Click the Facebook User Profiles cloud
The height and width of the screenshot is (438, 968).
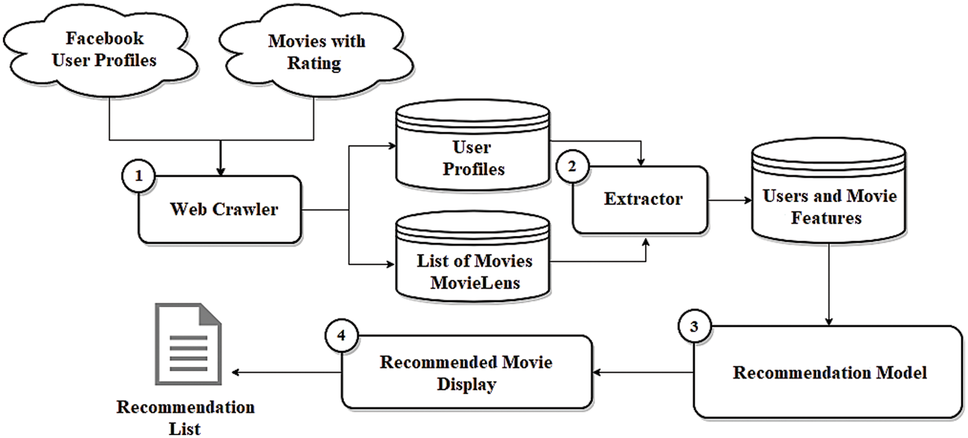pos(103,50)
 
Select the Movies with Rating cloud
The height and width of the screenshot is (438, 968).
pos(316,53)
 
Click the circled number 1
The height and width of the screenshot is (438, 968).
pos(138,176)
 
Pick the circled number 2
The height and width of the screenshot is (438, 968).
pos(572,166)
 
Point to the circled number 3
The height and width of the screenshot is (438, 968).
pos(694,326)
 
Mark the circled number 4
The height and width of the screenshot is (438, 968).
pos(341,336)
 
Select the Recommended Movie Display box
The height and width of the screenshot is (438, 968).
pos(466,372)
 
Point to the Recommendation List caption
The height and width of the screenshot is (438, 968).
pos(185,418)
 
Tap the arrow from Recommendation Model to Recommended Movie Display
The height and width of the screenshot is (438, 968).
pos(642,372)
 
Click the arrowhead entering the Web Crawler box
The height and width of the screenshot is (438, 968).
pos(220,172)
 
